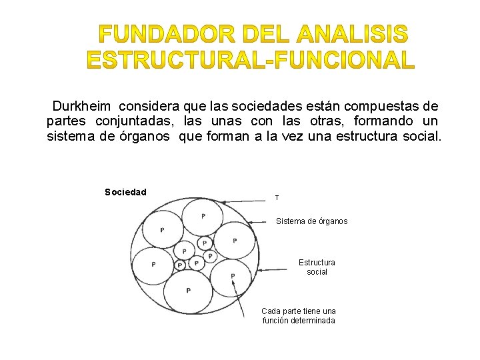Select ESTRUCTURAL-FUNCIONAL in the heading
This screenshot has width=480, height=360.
[251, 60]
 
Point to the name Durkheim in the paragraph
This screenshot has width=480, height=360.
[81, 106]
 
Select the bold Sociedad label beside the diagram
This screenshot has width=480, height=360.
[125, 192]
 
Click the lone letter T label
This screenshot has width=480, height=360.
[277, 198]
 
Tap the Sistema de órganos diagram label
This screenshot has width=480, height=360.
[311, 221]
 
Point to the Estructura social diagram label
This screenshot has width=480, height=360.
[317, 267]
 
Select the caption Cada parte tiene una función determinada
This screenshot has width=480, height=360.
[299, 315]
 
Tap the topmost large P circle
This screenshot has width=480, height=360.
[203, 216]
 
